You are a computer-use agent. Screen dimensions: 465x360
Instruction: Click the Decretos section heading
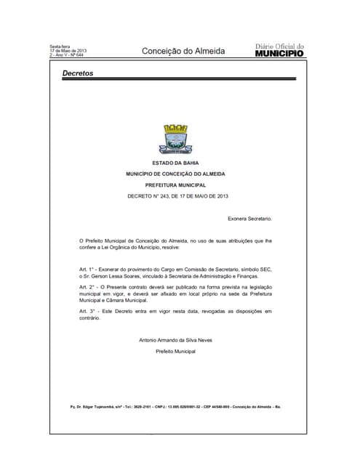point(78,73)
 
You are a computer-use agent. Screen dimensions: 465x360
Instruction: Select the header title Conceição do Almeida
point(183,51)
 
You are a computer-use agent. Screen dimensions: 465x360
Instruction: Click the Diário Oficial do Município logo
point(280,50)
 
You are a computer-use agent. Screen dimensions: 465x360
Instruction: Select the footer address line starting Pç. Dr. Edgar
point(175,406)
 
